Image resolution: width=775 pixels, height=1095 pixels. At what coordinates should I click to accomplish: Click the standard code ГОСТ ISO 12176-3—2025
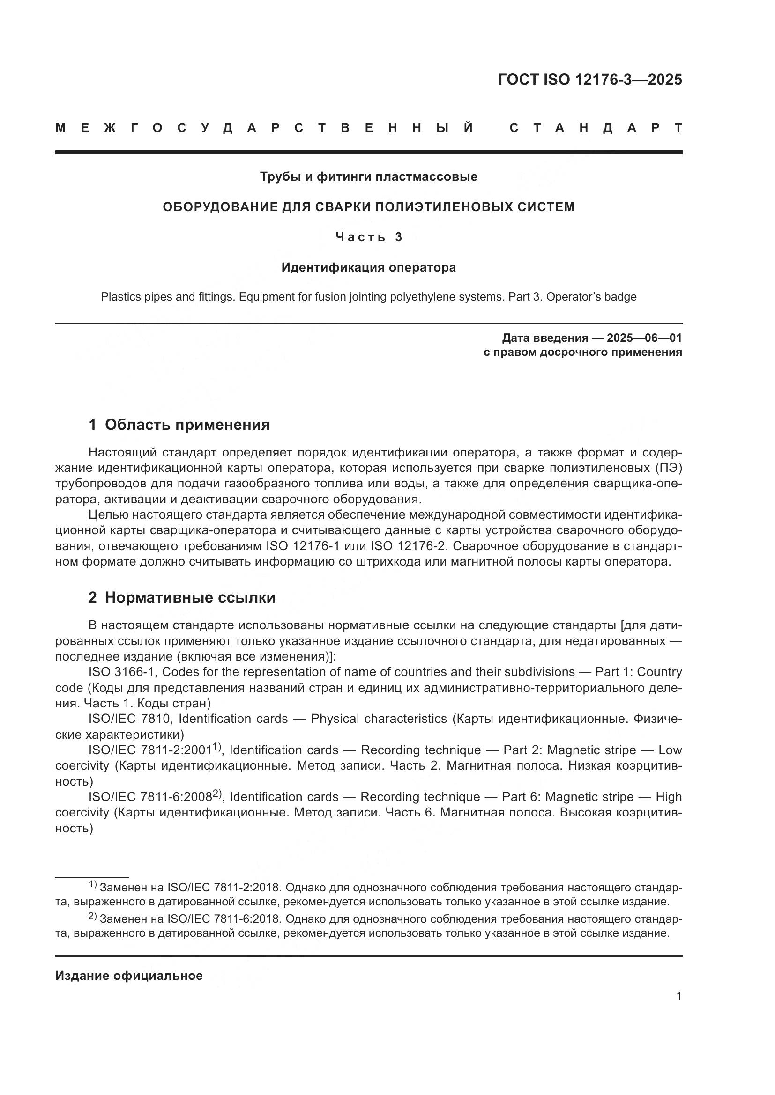590,80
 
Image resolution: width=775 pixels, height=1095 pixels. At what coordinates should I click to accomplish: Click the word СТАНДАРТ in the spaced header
596,128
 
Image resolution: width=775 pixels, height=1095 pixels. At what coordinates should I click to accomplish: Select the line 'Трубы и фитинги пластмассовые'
368,177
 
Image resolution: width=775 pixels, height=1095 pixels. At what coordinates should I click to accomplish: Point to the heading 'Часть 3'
368,237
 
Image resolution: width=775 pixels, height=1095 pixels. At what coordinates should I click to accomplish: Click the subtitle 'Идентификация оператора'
368,268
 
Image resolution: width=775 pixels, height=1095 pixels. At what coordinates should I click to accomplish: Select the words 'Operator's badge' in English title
591,297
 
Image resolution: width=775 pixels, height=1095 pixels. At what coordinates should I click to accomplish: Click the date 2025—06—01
644,338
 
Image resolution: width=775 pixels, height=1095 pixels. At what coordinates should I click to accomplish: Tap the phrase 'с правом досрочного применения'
582,353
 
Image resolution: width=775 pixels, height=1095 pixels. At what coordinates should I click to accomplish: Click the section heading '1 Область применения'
179,425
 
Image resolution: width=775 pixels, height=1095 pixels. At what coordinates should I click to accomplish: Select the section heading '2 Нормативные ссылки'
182,597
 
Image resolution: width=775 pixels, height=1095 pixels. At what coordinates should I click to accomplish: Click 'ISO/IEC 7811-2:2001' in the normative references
150,750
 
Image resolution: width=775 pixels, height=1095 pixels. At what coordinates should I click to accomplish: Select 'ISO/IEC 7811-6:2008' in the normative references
150,797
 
